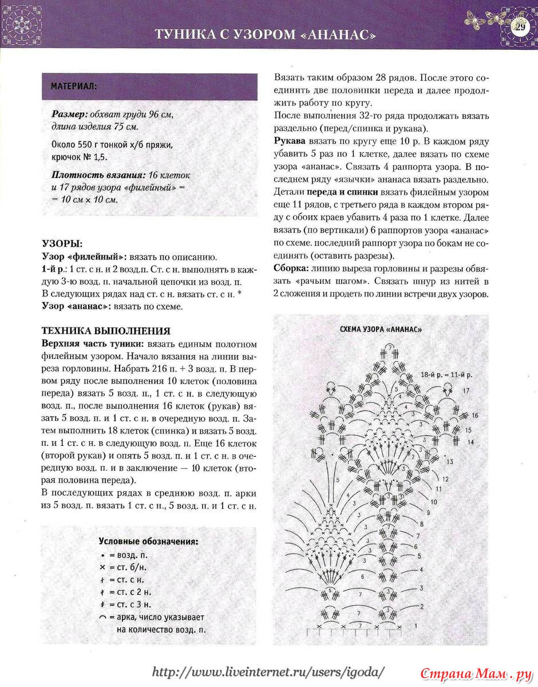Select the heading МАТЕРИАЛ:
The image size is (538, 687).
(74, 87)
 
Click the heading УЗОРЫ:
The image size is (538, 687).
(62, 243)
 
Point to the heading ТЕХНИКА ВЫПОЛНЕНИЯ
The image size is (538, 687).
(106, 331)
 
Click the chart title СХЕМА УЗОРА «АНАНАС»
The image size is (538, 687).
(381, 330)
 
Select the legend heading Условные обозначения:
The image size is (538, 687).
(149, 541)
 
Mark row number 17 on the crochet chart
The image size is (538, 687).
(466, 390)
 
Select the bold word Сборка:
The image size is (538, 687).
(292, 269)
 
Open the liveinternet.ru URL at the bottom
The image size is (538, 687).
(269, 671)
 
